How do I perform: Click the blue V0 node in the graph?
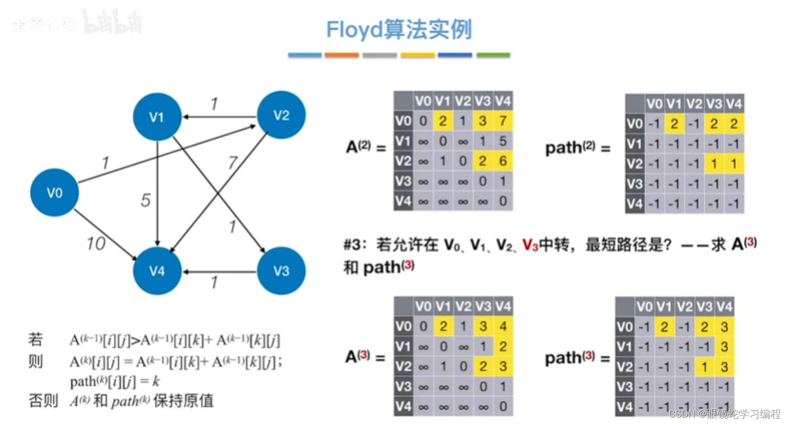pos(54,193)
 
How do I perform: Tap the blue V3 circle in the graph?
pos(281,271)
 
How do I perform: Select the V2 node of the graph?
pos(281,115)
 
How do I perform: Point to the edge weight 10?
pos(96,243)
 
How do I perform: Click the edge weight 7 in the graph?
pos(233,163)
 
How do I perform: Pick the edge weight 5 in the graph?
pos(145,201)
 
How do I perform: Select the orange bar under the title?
pos(342,55)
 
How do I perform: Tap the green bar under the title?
pos(493,55)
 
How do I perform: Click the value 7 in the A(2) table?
pos(502,122)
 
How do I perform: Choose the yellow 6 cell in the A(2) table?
pos(502,161)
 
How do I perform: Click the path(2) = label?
pos(577,148)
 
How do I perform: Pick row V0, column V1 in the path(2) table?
pos(674,124)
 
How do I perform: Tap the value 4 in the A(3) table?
pos(502,327)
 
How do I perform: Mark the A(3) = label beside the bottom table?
pos(365,357)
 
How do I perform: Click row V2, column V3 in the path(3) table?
pos(704,367)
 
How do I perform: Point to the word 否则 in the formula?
pos(43,401)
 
